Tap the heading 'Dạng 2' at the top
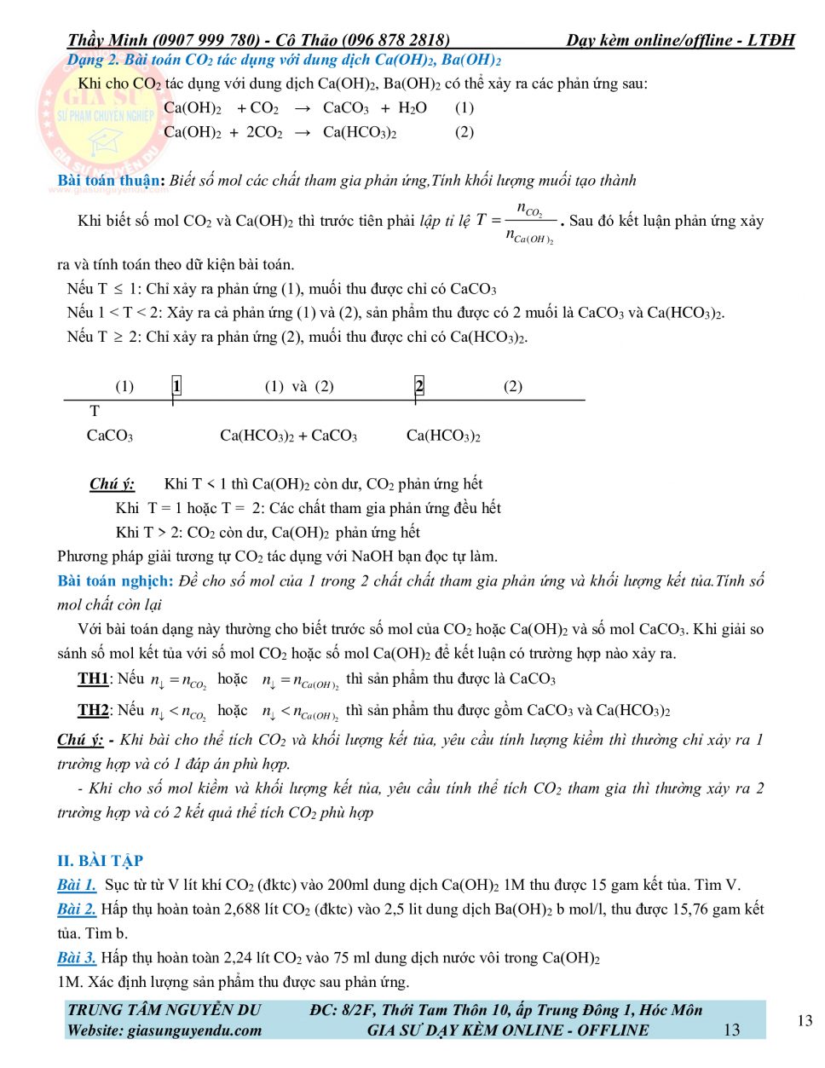[93, 60]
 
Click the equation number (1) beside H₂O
[464, 107]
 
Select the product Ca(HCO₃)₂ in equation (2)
[360, 132]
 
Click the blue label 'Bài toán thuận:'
[111, 180]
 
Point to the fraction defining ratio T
[529, 222]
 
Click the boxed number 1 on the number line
[176, 386]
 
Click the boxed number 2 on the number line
[419, 386]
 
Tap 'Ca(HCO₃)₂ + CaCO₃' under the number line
[288, 436]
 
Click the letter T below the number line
[95, 411]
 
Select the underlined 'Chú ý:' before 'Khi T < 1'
[112, 484]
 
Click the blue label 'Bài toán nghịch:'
[115, 580]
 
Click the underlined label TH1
[93, 678]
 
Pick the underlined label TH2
[93, 710]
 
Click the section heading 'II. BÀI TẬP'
[100, 860]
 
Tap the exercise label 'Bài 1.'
[77, 885]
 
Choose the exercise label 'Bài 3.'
[77, 957]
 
